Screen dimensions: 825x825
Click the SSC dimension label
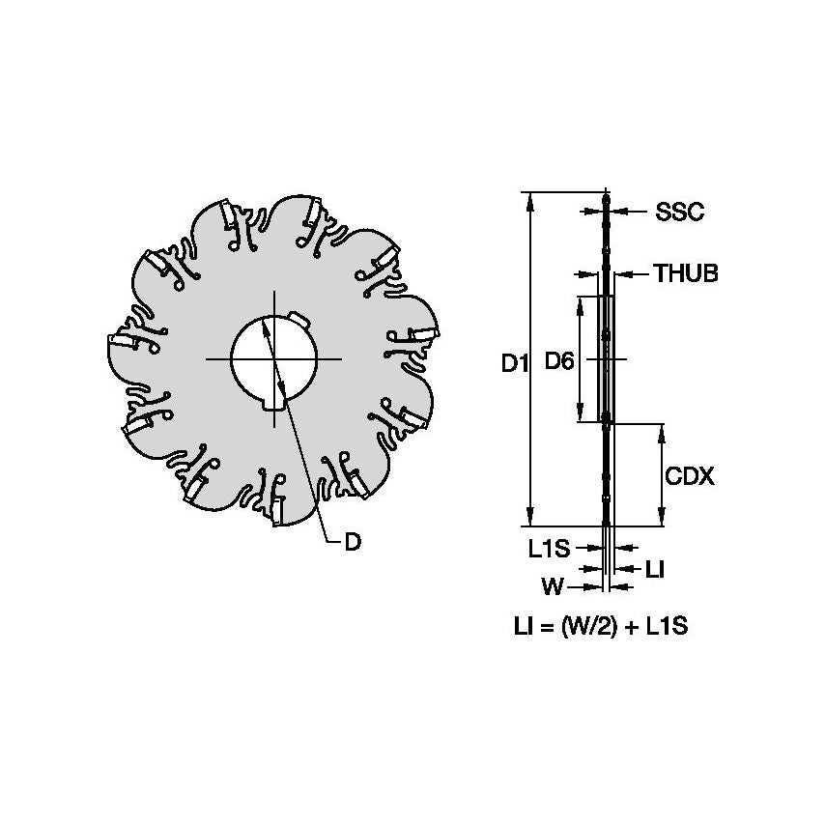tap(679, 212)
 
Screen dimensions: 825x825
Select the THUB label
tap(686, 273)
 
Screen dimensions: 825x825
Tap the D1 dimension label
tap(515, 363)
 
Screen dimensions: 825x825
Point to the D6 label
tap(558, 361)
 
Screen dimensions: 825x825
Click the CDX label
tap(689, 476)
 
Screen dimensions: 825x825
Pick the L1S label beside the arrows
tap(550, 549)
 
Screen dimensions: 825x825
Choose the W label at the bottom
tap(553, 586)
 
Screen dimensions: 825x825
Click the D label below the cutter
tap(353, 542)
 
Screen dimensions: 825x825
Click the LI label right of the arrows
tap(655, 569)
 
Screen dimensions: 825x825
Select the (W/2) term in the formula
tap(588, 626)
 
